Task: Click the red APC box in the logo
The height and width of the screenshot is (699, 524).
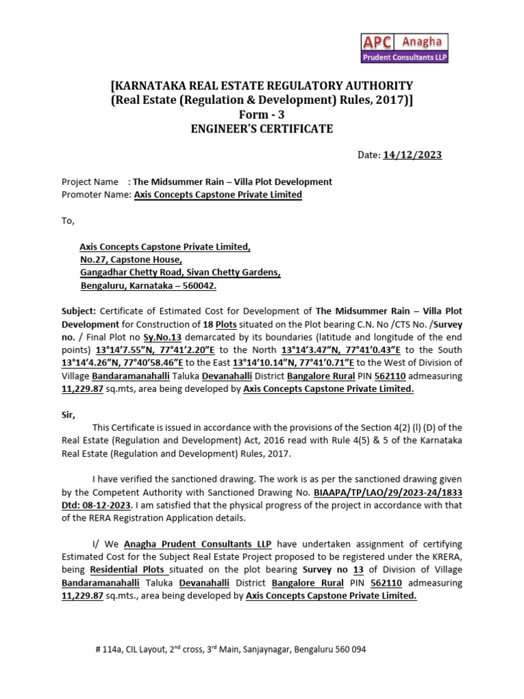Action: (377, 42)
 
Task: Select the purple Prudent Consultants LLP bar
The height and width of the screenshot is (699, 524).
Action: (403, 57)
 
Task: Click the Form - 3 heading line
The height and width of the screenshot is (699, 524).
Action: (262, 115)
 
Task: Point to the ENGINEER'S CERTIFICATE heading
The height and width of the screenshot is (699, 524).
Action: (262, 129)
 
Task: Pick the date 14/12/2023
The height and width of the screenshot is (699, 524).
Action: (412, 155)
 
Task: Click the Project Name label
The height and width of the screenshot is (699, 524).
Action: (89, 182)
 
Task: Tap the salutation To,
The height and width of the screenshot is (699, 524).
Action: (68, 221)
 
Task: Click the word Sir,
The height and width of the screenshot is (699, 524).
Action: (69, 415)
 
